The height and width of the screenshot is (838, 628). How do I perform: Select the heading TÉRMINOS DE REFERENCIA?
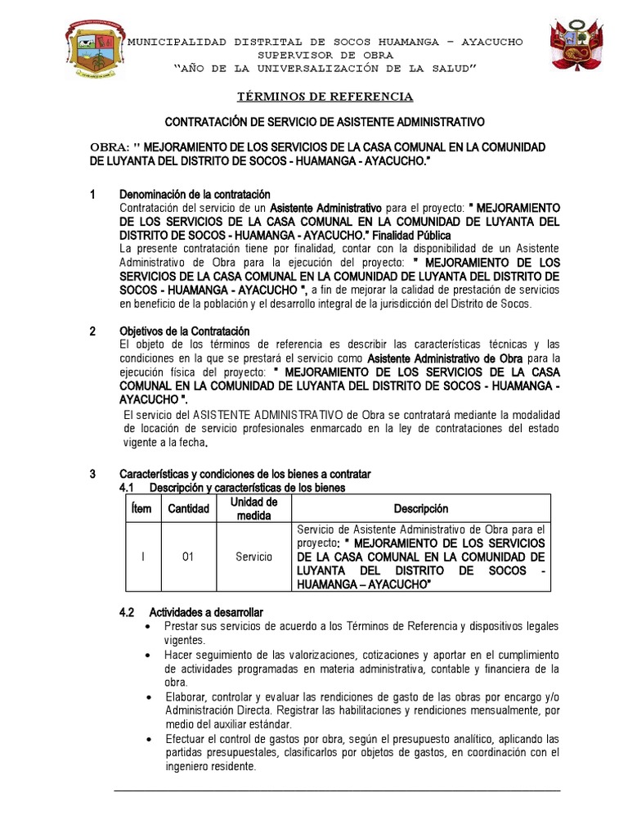click(x=325, y=97)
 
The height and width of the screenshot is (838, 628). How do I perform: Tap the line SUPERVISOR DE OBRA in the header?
click(x=325, y=54)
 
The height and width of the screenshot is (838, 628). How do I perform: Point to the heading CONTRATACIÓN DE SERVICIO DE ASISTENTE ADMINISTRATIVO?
click(x=325, y=121)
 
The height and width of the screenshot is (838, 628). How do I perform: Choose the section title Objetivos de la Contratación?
click(x=184, y=331)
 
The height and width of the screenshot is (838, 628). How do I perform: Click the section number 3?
click(x=92, y=475)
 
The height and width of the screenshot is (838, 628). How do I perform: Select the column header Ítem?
click(x=141, y=509)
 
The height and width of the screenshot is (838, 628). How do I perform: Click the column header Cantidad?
click(x=188, y=509)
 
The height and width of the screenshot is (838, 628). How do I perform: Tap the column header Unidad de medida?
click(x=254, y=509)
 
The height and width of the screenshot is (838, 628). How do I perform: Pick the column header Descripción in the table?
click(x=420, y=509)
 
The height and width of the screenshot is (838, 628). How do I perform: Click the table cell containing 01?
click(x=187, y=557)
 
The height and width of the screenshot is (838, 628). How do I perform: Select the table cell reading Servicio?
click(x=254, y=557)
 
